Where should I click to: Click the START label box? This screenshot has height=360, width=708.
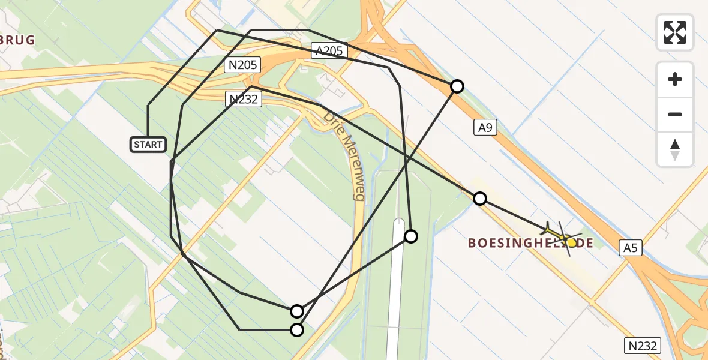[x=148, y=145]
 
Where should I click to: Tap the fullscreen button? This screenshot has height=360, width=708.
[x=675, y=32]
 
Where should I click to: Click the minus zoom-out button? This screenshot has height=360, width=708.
[x=675, y=114]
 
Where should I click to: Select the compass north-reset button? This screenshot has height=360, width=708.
[x=675, y=149]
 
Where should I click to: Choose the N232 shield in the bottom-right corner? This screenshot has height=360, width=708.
[x=644, y=346]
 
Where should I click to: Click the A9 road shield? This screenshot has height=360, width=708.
[x=485, y=127]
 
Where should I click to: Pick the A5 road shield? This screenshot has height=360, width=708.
[x=630, y=247]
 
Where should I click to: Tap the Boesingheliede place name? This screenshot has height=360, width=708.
[x=530, y=243]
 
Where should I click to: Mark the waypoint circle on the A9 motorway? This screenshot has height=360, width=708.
[x=457, y=86]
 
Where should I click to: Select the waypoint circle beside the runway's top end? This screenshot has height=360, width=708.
[x=410, y=236]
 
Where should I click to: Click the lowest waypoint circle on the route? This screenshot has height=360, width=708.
[x=297, y=329]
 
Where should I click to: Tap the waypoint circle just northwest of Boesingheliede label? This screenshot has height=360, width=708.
[x=479, y=199]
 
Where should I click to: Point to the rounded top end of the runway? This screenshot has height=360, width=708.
[x=399, y=223]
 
